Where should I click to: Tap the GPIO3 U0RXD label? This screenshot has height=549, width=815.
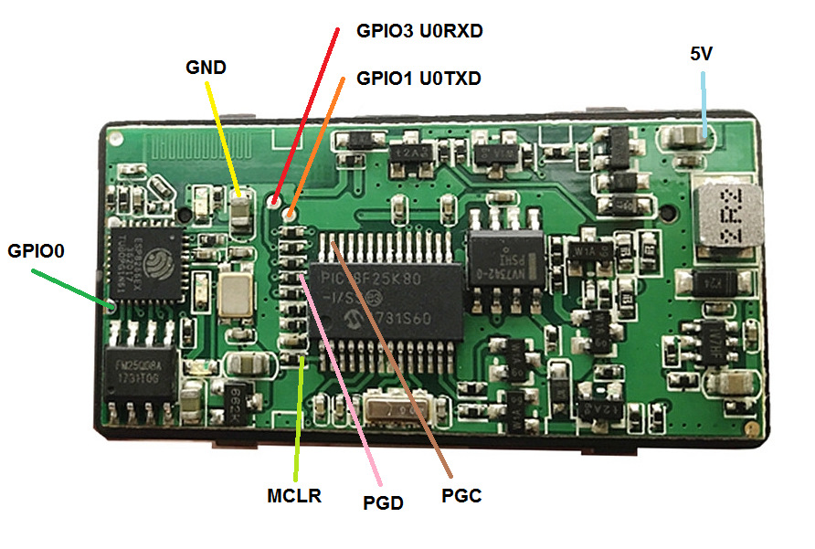click(x=419, y=31)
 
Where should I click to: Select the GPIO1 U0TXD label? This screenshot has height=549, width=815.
click(x=418, y=79)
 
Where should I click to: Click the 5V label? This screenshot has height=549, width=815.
click(x=702, y=54)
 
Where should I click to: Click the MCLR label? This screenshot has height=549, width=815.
click(x=294, y=497)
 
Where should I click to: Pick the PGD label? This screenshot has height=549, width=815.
click(x=384, y=501)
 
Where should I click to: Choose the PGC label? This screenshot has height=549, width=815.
click(x=460, y=496)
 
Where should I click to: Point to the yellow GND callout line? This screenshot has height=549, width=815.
click(x=224, y=137)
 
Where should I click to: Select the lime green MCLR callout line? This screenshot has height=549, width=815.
click(x=299, y=420)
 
